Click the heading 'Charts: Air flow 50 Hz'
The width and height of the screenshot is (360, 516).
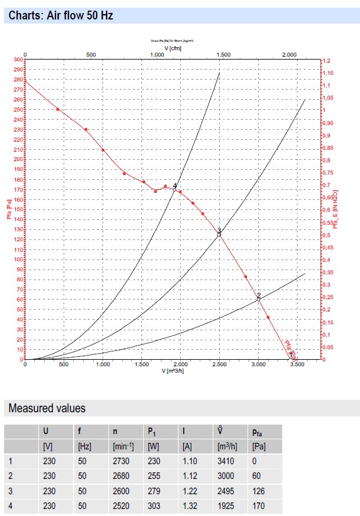(61, 16)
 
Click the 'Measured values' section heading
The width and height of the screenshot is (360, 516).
(47, 408)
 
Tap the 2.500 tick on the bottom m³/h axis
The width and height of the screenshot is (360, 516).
(219, 365)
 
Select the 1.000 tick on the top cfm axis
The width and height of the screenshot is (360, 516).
(157, 54)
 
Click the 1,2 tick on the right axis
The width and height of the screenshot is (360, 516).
(327, 60)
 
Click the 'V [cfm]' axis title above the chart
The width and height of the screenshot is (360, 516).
(173, 48)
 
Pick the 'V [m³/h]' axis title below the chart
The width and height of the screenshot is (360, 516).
(173, 371)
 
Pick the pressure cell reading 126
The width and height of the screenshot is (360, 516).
(257, 491)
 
